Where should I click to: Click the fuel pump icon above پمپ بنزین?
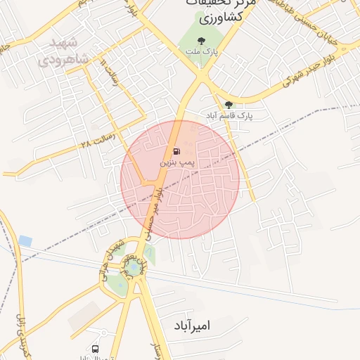[x=176, y=151]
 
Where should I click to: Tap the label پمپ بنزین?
[x=176, y=162]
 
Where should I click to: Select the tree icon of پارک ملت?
[x=202, y=41]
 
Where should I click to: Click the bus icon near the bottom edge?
[x=95, y=349]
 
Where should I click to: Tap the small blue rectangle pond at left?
[x=25, y=240]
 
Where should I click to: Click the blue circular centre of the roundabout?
[x=133, y=268]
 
